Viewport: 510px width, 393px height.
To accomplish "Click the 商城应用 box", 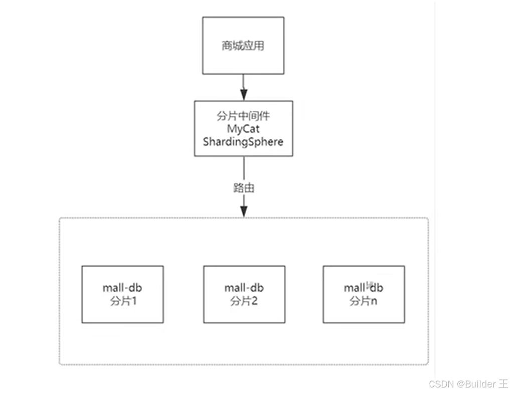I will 243,45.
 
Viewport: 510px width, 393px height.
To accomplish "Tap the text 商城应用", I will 243,46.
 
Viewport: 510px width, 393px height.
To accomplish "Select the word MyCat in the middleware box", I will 243,129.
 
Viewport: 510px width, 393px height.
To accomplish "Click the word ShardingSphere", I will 243,141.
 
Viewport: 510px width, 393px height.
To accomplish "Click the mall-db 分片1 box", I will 122,294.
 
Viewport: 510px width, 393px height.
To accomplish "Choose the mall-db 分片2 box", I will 244,294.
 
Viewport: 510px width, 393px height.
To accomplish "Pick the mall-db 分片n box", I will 364,294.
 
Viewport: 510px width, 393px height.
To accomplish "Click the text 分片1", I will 123,301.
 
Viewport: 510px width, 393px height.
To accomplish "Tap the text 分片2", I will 244,301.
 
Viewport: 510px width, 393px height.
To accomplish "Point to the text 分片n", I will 364,301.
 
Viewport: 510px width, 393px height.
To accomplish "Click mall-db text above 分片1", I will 123,288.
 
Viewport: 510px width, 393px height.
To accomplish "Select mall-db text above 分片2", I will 244,288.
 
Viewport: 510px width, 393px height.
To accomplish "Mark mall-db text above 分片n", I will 364,288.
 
